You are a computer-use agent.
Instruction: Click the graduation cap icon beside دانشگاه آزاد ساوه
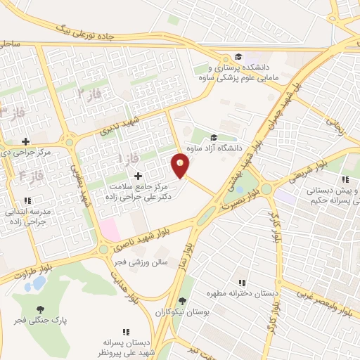(x=214, y=138)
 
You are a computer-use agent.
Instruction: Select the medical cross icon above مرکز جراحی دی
(x=26, y=141)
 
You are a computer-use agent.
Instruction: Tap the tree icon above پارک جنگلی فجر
(x=40, y=309)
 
